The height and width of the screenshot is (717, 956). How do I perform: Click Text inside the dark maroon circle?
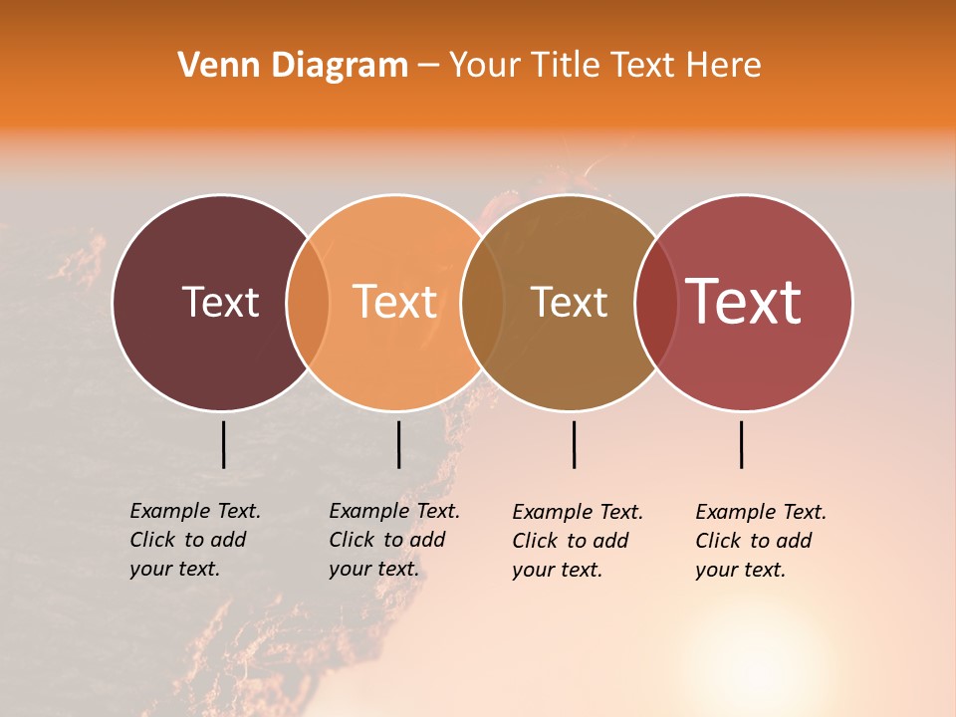point(220,302)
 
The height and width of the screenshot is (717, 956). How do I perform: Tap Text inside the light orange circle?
point(394,302)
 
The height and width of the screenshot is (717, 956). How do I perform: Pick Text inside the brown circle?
point(569,302)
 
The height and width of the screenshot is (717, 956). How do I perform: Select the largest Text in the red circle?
point(744,301)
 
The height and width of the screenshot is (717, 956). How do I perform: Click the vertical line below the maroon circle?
point(223,444)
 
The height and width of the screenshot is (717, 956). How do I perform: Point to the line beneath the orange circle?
point(398,444)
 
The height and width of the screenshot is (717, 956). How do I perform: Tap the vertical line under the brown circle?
point(574,444)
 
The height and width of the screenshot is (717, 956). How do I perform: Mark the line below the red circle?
point(741,444)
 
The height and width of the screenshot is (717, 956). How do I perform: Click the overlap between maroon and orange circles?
point(308,303)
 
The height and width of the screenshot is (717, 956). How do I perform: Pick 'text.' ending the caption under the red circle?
point(763,571)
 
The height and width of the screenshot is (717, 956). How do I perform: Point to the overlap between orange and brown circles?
point(482,303)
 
